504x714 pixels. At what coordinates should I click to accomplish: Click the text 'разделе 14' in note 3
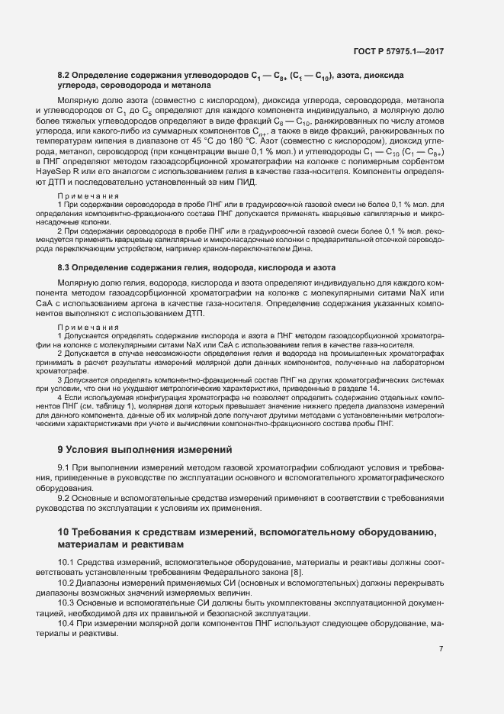[358, 389]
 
